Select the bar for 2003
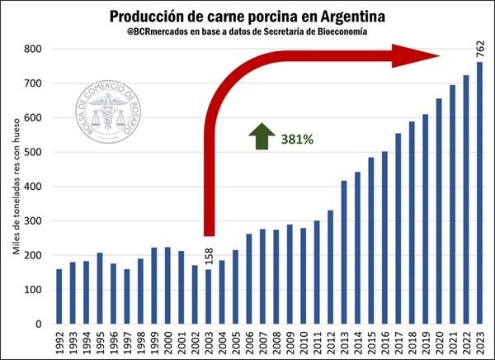click(209, 296)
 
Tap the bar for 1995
click(99, 288)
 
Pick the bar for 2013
click(344, 252)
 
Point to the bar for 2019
click(425, 219)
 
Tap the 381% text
click(297, 140)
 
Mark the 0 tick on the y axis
click(39, 324)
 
